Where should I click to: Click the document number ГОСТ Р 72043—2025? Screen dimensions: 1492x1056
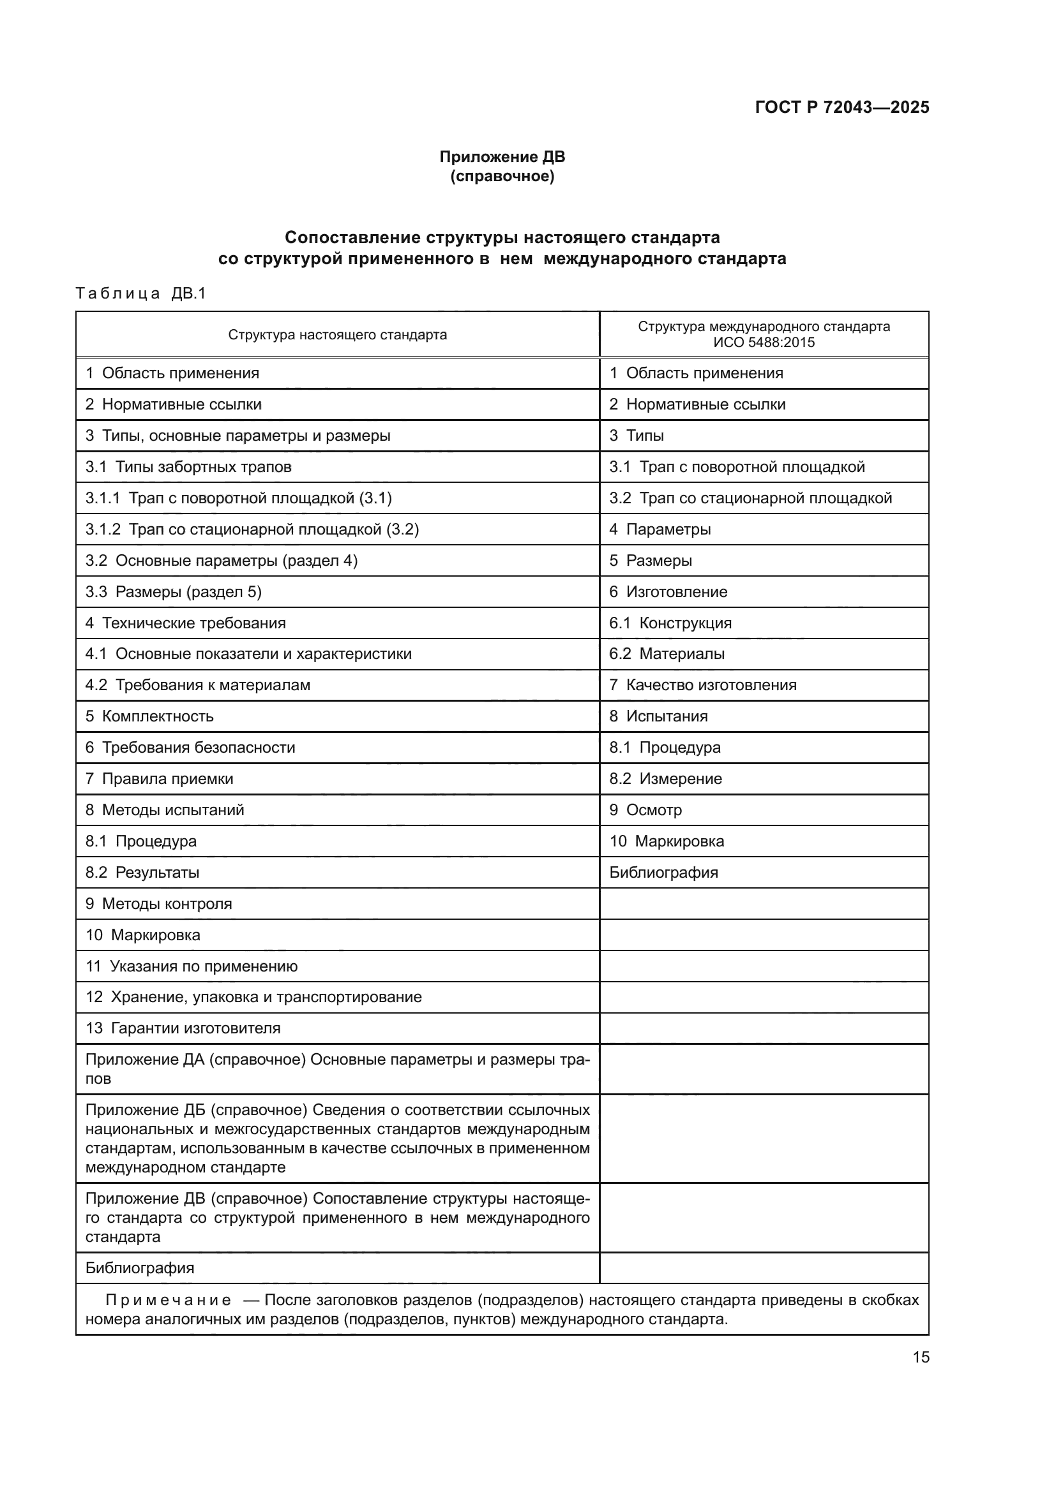coord(841,107)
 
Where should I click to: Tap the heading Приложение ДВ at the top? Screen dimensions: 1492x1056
coord(502,157)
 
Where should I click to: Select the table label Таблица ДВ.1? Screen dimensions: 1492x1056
coord(140,293)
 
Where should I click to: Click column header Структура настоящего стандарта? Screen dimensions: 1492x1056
coord(338,336)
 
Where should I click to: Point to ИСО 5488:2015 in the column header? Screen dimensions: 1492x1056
coord(764,343)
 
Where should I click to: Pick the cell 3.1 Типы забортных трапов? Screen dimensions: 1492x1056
coord(188,466)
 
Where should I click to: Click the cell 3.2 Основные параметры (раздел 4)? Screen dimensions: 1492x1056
coord(221,560)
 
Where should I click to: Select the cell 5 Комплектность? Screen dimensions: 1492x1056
coord(149,716)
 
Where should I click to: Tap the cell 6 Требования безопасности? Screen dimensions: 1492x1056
coord(190,748)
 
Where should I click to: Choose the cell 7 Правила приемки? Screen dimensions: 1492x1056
coord(160,778)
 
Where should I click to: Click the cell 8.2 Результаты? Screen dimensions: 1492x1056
coord(142,872)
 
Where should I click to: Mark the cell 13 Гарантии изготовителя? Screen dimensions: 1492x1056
coord(183,1028)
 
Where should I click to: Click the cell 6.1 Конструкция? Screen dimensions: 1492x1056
coord(670,623)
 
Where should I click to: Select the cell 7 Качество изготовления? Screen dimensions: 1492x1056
coord(702,685)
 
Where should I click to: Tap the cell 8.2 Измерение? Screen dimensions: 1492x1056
coord(665,778)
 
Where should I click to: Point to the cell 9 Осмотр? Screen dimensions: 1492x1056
coord(645,809)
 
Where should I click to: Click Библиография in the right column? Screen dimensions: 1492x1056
coord(663,872)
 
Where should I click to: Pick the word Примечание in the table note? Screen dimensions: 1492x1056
coord(168,1300)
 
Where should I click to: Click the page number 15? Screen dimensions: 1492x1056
coord(921,1357)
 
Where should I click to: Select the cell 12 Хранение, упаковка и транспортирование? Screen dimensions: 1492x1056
coord(253,997)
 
